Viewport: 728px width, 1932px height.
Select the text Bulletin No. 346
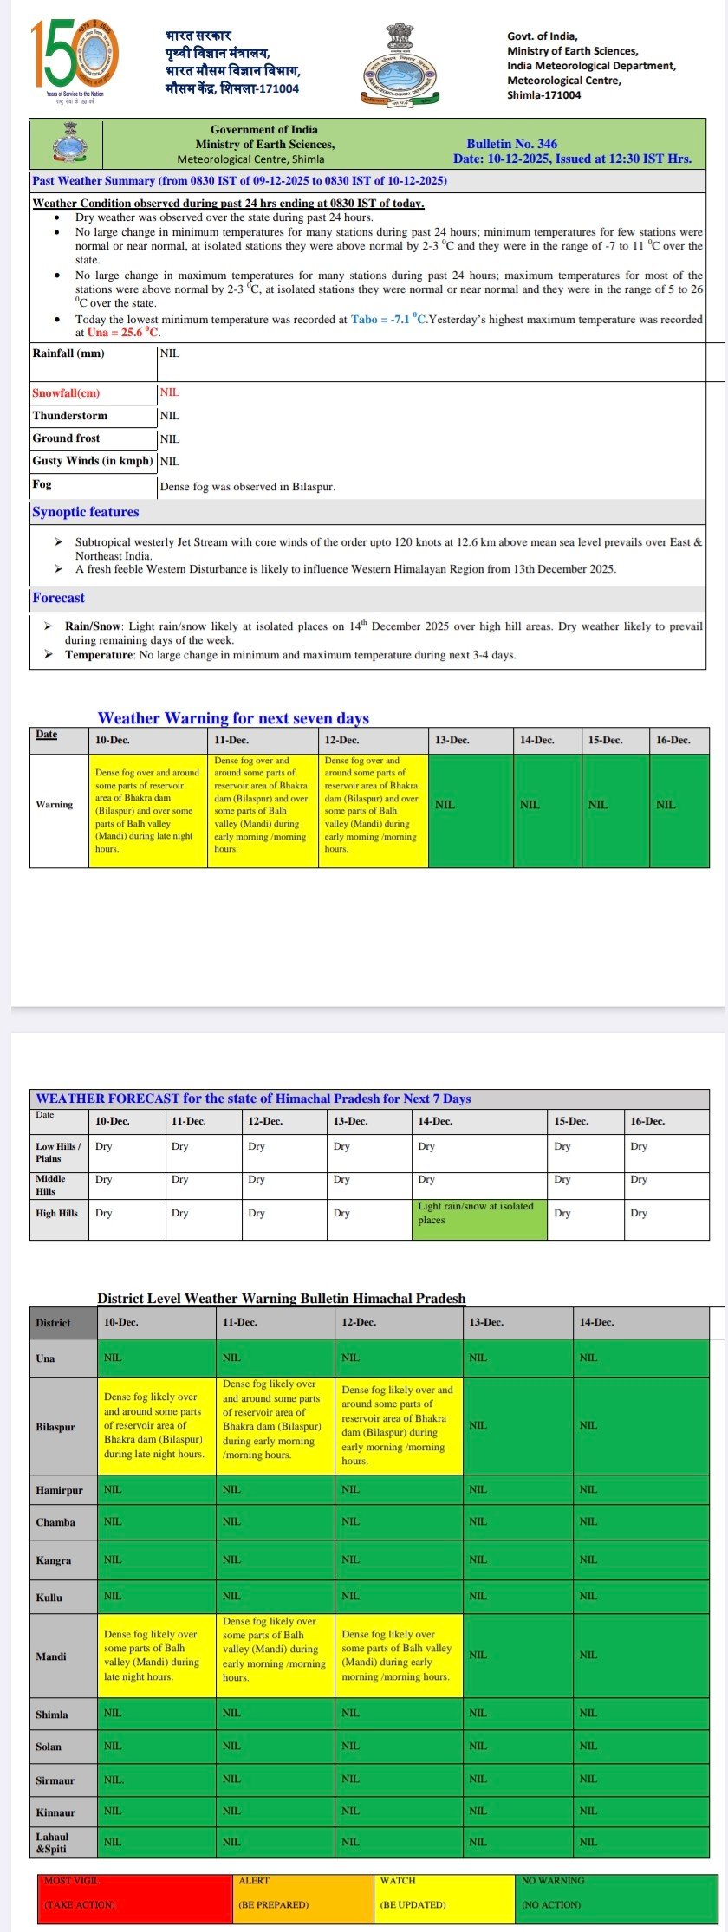tap(511, 144)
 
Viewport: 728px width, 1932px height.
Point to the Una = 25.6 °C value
tap(123, 333)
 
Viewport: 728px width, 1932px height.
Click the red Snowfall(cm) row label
tap(66, 393)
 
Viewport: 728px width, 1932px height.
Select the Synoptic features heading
tap(85, 512)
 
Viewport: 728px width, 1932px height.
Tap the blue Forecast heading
tap(58, 598)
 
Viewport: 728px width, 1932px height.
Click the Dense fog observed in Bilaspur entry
tap(248, 487)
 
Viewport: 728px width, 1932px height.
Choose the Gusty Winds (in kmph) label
tap(93, 461)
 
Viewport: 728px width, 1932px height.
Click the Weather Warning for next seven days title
tap(233, 718)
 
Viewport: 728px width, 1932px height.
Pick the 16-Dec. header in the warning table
tap(673, 741)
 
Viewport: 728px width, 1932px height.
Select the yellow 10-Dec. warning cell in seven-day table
tap(147, 810)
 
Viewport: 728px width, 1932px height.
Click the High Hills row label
tap(57, 1214)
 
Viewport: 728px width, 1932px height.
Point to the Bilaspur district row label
tap(55, 1427)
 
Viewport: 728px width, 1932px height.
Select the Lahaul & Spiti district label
tap(51, 1842)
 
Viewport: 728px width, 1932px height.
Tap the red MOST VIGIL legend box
tap(134, 1894)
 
